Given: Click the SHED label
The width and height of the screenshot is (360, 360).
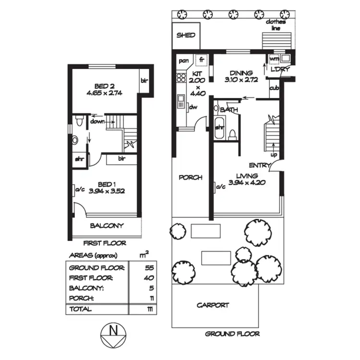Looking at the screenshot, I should pyautogui.click(x=186, y=35).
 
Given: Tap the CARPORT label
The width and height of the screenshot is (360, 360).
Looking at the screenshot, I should pyautogui.click(x=213, y=305).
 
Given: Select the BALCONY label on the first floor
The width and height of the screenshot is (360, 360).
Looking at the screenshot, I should pyautogui.click(x=107, y=226).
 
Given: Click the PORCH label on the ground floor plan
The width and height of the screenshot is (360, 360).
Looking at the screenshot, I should pyautogui.click(x=190, y=177).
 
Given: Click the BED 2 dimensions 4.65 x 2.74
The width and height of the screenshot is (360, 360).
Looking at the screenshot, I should pyautogui.click(x=105, y=93).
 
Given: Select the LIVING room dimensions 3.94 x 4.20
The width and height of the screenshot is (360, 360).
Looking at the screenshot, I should pyautogui.click(x=247, y=182).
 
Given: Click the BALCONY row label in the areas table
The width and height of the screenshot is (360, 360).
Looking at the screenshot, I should pyautogui.click(x=86, y=288).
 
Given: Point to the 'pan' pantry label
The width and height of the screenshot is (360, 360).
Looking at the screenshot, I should pyautogui.click(x=183, y=61).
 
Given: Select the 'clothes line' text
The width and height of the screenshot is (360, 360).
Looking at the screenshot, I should pyautogui.click(x=277, y=25).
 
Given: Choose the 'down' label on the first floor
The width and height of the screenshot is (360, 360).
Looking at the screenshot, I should pyautogui.click(x=97, y=121).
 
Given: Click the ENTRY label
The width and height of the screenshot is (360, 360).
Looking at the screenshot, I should pyautogui.click(x=259, y=166).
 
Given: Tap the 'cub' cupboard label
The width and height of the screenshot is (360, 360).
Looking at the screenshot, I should pyautogui.click(x=274, y=88).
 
